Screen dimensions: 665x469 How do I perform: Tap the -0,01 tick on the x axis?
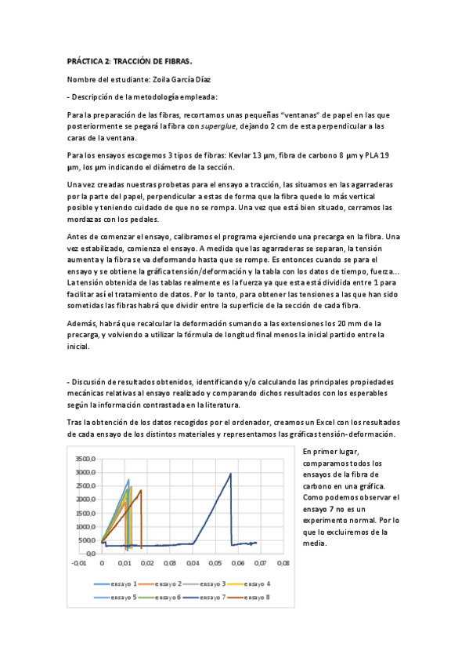(x=79, y=562)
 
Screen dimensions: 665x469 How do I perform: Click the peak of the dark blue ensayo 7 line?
(x=230, y=473)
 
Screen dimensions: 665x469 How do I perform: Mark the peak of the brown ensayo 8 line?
(x=141, y=491)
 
